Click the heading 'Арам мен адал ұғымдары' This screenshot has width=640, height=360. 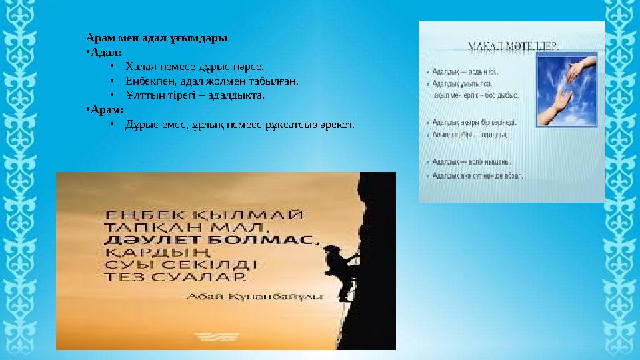[x=157, y=38]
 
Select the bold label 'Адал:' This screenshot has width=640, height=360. [x=105, y=52]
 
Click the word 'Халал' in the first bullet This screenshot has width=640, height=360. [x=140, y=67]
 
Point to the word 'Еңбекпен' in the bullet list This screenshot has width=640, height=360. [x=148, y=81]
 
